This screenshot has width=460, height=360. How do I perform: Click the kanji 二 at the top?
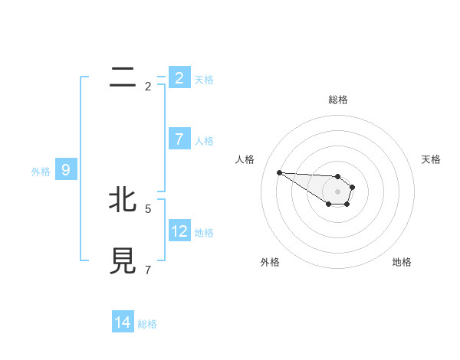point(123,77)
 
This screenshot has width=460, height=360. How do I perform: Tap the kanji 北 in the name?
point(123,200)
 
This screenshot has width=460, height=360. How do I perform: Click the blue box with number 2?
point(179,77)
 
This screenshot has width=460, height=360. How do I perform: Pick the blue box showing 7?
point(179,139)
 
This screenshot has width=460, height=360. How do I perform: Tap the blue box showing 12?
point(179,231)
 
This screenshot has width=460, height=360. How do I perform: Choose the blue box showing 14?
point(123,322)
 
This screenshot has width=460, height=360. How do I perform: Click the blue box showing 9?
point(66,170)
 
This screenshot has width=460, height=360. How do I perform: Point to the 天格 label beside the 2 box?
point(204,79)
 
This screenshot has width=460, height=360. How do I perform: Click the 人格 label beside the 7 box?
point(204,141)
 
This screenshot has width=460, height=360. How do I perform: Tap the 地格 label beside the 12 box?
point(204,233)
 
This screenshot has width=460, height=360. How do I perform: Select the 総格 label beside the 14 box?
point(147,324)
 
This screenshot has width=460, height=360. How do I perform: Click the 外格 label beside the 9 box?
point(41,172)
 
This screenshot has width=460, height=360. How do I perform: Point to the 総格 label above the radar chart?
point(338,100)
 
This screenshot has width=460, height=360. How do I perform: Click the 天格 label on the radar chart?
point(431,159)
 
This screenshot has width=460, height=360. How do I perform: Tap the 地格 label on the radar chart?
point(402,262)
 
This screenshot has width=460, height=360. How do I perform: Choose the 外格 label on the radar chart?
point(270,262)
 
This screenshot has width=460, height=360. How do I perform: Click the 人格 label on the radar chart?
point(245,159)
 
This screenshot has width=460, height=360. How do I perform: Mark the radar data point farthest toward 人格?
point(279,172)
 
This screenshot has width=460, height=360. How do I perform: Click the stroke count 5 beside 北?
point(148,208)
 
